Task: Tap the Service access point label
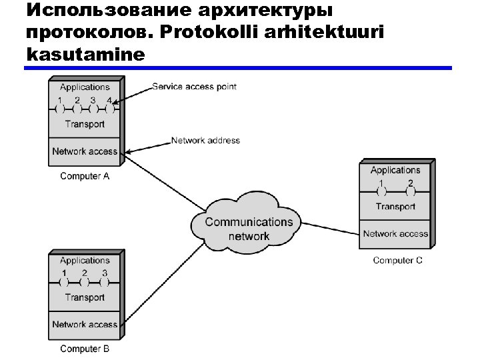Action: click(194, 87)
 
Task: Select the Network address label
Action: click(205, 141)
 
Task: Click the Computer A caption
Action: click(85, 176)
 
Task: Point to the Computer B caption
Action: click(85, 349)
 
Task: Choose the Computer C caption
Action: click(397, 260)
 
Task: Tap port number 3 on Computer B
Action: click(105, 274)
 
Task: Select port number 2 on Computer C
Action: click(410, 184)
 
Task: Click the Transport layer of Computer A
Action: click(85, 124)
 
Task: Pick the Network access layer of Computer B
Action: click(85, 325)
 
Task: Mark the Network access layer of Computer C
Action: click(395, 234)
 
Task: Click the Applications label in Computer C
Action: click(395, 171)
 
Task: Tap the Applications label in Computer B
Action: click(85, 261)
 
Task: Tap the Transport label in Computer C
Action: click(395, 207)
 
